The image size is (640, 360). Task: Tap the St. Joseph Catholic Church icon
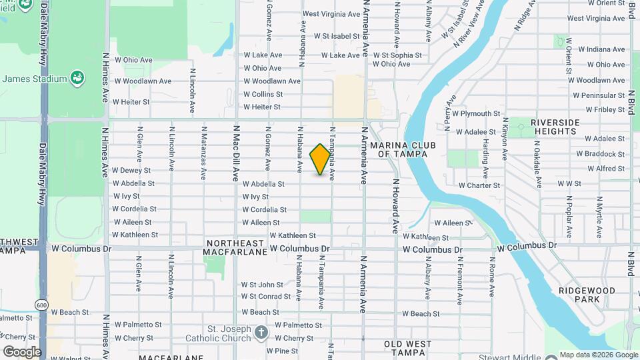[x=261, y=331]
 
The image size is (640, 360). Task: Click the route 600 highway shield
[x=42, y=304]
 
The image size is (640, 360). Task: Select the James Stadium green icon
[x=77, y=79]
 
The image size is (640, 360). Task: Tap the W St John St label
[x=262, y=285]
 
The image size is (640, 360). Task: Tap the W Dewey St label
[x=131, y=171]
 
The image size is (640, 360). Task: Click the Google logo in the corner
[x=22, y=352]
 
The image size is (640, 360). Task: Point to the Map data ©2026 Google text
[x=598, y=355]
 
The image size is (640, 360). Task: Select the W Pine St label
[x=282, y=351]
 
